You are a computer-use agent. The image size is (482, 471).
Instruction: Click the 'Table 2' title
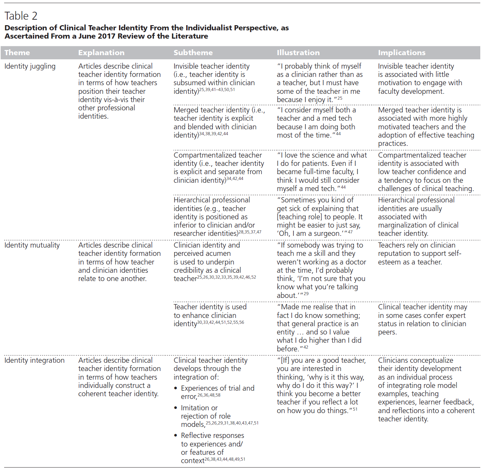tap(21, 16)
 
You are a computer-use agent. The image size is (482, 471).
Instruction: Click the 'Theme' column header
tap(17, 53)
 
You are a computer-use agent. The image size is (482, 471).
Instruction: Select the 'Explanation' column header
tap(101, 53)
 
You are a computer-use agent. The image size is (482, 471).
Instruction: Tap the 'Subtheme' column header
tap(193, 53)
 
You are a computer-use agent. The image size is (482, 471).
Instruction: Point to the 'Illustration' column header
tap(298, 53)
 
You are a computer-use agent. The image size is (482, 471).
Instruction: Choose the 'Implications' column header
tap(402, 53)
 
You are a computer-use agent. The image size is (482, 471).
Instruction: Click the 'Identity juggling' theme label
tap(30, 66)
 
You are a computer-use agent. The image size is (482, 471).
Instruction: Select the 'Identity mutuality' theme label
tap(32, 245)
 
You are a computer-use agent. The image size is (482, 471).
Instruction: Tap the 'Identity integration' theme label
tap(34, 360)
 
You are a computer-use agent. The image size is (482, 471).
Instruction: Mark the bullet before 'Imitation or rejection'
tap(176, 408)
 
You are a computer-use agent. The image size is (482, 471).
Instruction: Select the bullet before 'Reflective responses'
tap(176, 436)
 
